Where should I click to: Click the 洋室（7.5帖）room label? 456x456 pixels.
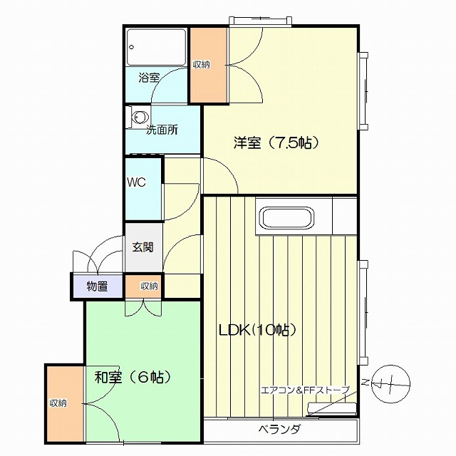coord(276,142)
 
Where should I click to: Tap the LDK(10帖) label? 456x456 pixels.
coord(257,330)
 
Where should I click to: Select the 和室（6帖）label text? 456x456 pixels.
coord(133,378)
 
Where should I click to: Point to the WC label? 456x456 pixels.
coord(136,182)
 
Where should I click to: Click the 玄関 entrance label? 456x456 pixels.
coord(142,247)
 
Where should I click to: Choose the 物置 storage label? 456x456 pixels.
coord(98,286)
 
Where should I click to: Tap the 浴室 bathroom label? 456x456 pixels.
coord(149,78)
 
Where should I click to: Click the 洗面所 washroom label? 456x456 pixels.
coord(162,130)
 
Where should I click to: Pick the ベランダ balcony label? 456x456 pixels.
coord(279,429)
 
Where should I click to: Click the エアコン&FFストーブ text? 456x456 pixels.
coord(306,390)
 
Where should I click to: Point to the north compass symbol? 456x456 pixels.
coord(391,384)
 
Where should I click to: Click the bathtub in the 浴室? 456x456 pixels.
coord(157,48)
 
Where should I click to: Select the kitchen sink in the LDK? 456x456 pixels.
coord(287,218)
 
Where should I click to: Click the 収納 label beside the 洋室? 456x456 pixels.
coord(202,64)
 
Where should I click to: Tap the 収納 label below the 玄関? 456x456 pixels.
coord(149,286)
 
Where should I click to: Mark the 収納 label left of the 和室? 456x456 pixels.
coord(58,403)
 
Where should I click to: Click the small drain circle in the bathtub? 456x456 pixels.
coord(131,47)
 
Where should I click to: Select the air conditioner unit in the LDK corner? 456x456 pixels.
coord(332,408)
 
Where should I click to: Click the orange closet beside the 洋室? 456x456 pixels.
coord(209,65)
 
